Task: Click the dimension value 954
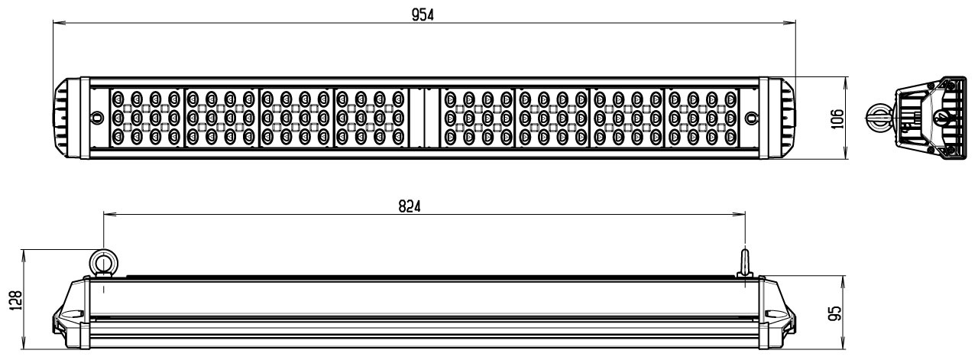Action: coord(422,13)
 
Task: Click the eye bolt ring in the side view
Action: coord(102,263)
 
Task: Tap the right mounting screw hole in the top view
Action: coord(751,118)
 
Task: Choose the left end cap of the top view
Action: coord(65,118)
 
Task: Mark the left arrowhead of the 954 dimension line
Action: coord(57,24)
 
